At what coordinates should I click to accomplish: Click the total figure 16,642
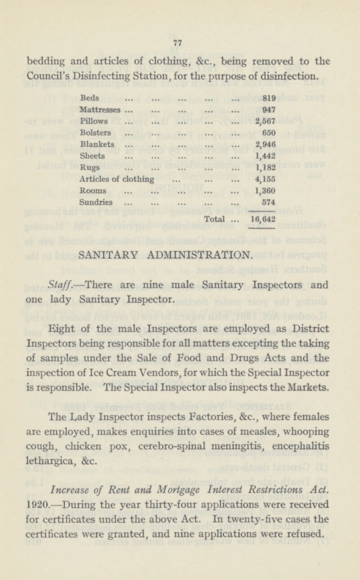(x=263, y=220)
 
